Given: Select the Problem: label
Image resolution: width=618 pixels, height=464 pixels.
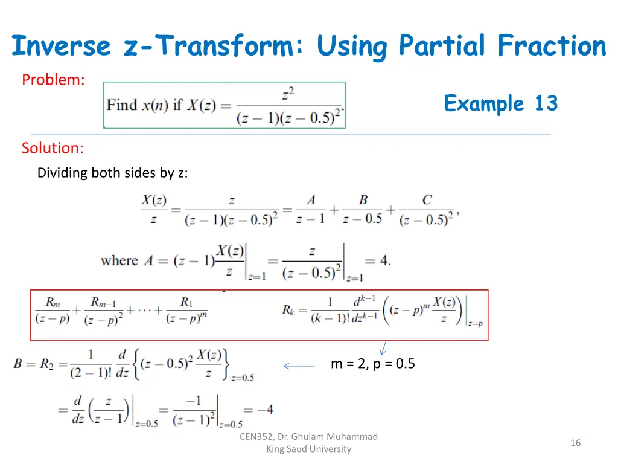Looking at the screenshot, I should point(53,80).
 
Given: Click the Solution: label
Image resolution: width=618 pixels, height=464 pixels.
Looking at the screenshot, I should point(53,148).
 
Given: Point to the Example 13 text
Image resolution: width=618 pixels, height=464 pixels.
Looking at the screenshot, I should point(500,103).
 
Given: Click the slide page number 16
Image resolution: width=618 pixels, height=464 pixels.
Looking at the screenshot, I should point(575,443).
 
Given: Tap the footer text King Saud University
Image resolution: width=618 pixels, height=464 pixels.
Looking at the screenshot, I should point(308,449).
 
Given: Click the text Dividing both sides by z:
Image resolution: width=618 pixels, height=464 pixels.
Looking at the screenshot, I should point(112,173).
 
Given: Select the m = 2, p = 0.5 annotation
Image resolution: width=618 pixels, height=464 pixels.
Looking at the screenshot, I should point(372,364).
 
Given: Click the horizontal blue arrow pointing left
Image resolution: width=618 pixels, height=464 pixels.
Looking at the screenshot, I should point(299,366).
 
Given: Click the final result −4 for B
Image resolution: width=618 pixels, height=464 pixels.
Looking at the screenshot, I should point(265,410).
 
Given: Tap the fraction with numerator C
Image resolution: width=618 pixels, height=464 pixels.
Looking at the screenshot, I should point(427,210).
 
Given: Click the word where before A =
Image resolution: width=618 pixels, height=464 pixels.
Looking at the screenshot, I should point(119,261).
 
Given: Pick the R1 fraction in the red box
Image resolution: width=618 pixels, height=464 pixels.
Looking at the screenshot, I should point(186,310).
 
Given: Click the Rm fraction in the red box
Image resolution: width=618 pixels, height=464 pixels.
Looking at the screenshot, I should point(53,310).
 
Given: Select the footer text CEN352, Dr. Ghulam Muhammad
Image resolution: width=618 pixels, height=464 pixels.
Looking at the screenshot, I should point(308,436).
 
